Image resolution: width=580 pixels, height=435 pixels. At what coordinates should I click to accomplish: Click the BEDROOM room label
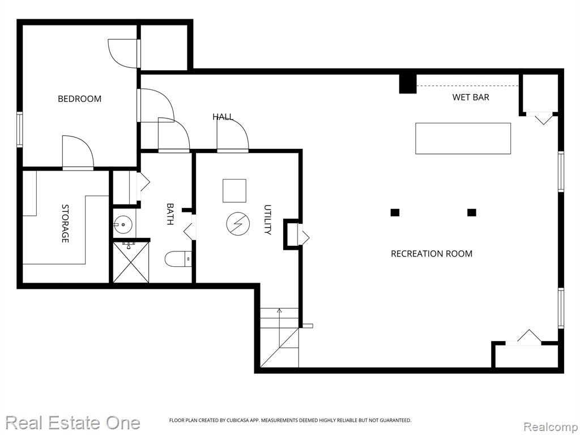click(x=79, y=99)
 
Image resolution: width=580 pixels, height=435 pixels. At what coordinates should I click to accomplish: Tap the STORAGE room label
click(x=65, y=223)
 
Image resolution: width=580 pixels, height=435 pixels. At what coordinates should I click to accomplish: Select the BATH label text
click(x=170, y=214)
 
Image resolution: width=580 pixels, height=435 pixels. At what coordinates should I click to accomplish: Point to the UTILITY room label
click(x=268, y=220)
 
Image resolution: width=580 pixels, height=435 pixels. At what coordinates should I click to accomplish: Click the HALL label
click(x=223, y=117)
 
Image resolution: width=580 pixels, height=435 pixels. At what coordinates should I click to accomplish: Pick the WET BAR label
click(x=471, y=97)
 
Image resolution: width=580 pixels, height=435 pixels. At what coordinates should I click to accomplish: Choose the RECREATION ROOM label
click(x=432, y=254)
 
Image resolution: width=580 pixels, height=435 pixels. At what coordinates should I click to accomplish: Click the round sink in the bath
click(x=122, y=224)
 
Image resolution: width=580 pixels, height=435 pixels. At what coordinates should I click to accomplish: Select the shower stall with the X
click(x=131, y=262)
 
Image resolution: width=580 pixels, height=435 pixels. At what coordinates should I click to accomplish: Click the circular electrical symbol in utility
click(x=238, y=223)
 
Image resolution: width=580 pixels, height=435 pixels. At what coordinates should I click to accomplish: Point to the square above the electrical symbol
click(x=234, y=191)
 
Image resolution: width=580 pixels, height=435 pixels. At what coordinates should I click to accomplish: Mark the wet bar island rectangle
click(x=463, y=138)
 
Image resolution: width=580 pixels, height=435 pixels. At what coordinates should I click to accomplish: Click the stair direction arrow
click(x=279, y=327)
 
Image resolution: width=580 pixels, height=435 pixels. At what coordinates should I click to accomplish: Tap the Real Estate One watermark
click(x=73, y=423)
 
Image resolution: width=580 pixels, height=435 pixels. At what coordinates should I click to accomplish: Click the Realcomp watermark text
click(x=551, y=427)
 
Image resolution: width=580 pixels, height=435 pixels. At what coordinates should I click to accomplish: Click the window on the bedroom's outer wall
click(x=20, y=130)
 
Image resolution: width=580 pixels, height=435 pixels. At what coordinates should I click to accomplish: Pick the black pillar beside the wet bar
click(x=408, y=84)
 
